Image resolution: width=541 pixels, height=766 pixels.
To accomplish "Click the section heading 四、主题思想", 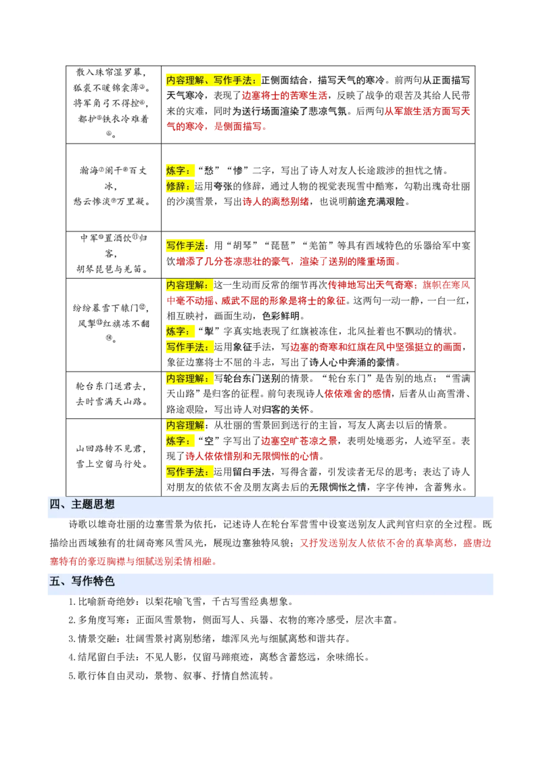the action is tap(82, 505).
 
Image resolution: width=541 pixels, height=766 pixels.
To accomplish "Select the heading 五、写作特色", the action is tap(82, 581).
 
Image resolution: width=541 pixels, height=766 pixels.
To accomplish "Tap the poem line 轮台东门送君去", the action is tap(112, 386).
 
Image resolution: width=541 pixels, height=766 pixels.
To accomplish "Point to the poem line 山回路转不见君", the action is tap(112, 449).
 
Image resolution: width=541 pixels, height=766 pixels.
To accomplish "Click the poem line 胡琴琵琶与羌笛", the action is tap(112, 269).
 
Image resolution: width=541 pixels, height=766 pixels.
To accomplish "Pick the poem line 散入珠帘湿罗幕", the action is tap(112, 72).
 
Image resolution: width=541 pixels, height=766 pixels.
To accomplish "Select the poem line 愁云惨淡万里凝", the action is tap(112, 201).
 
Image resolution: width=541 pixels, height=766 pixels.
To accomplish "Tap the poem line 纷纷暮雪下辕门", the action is tap(110, 308).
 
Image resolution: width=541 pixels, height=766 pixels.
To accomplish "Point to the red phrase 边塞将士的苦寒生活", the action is tap(285, 96).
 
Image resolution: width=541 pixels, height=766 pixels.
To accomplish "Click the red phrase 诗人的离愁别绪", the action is tap(276, 202).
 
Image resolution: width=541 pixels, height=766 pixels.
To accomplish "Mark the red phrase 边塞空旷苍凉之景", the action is tap(299, 441).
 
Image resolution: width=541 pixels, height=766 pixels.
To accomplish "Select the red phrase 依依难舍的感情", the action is tap(358, 394).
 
